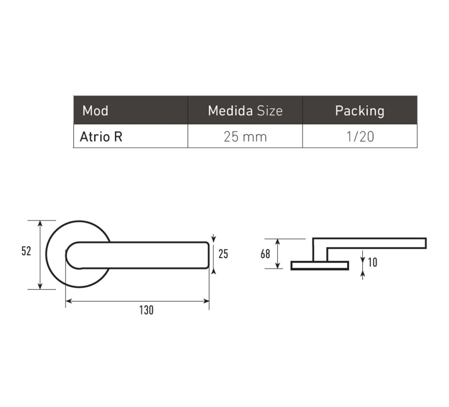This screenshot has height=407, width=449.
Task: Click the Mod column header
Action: point(95,111)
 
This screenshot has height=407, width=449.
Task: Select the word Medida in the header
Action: point(230,111)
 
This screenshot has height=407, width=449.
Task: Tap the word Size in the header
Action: point(270,111)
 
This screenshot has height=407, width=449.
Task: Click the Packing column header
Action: point(360,111)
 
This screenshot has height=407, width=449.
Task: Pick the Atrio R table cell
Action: point(101,137)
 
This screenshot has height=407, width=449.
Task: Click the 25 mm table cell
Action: point(245,137)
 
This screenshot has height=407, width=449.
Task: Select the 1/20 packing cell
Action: point(360,137)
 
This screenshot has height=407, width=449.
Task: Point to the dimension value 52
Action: point(26,251)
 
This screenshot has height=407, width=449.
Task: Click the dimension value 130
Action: point(146,310)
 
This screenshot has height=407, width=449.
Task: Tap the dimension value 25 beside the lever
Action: point(223,254)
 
